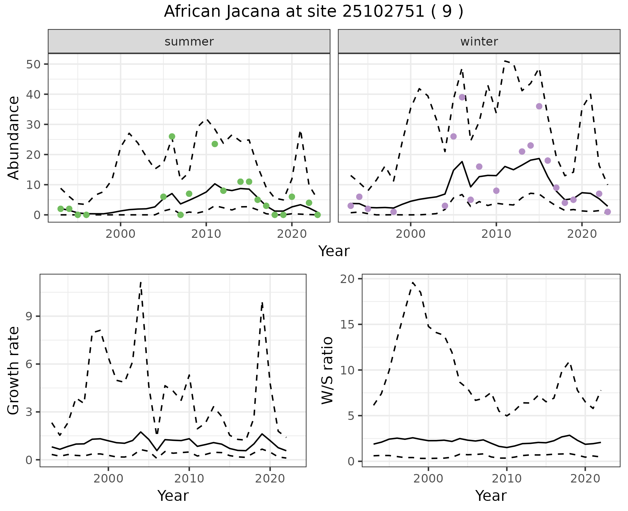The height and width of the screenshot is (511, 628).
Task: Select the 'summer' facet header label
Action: (189, 42)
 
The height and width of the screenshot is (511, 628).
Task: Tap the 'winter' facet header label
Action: (479, 42)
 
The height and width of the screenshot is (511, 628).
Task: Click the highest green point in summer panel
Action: (172, 136)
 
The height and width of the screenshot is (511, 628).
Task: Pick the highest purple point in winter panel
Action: (462, 97)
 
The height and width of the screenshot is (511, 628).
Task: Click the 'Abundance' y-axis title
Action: (14, 138)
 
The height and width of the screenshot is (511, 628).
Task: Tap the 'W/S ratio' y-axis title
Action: (327, 370)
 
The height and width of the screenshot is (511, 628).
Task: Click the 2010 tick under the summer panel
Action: (206, 234)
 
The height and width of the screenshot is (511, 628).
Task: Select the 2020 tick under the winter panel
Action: (582, 234)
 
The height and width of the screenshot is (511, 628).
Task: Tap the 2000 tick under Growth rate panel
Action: (108, 479)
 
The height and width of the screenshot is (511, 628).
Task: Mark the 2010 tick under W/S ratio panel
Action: (507, 479)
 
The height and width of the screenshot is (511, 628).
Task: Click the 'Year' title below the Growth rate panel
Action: (173, 496)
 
